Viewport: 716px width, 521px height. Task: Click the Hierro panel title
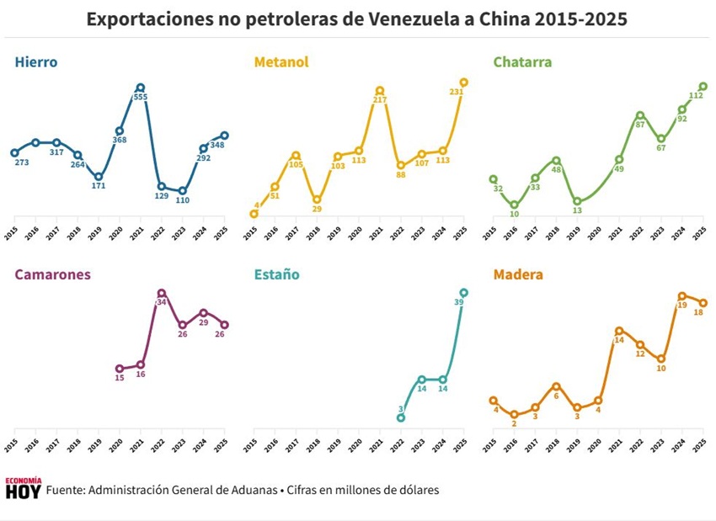point(35,61)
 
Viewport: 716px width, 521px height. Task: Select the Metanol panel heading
point(281,61)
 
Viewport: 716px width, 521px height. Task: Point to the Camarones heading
point(52,274)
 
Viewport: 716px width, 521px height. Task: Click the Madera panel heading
point(518,274)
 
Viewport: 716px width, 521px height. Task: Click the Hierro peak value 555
point(141,98)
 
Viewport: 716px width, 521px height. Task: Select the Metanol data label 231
point(457,93)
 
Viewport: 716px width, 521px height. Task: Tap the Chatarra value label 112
point(696,96)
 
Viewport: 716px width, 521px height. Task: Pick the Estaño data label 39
point(459,303)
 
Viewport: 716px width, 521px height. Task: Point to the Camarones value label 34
point(162,302)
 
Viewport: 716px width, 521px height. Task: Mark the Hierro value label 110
point(183,201)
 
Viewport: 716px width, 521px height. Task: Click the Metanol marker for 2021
point(380,90)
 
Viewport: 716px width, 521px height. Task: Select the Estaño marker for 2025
point(463,293)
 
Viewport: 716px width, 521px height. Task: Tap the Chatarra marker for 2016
point(514,205)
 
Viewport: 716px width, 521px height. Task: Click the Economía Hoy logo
point(23,489)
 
